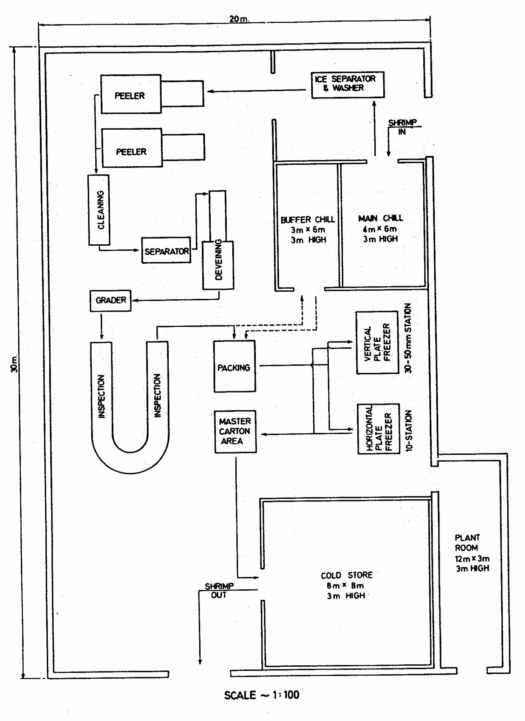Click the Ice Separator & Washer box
(347, 85)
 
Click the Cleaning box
(99, 210)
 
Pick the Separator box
(166, 250)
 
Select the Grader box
(110, 301)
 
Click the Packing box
(234, 366)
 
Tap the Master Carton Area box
(235, 431)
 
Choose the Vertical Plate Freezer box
(377, 343)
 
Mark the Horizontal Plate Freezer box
(378, 429)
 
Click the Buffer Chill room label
(308, 230)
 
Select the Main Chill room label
(380, 228)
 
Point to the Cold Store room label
(346, 585)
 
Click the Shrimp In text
(402, 127)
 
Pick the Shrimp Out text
(219, 590)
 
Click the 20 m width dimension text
(239, 19)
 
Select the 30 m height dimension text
(14, 364)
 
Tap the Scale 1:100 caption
(261, 695)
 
